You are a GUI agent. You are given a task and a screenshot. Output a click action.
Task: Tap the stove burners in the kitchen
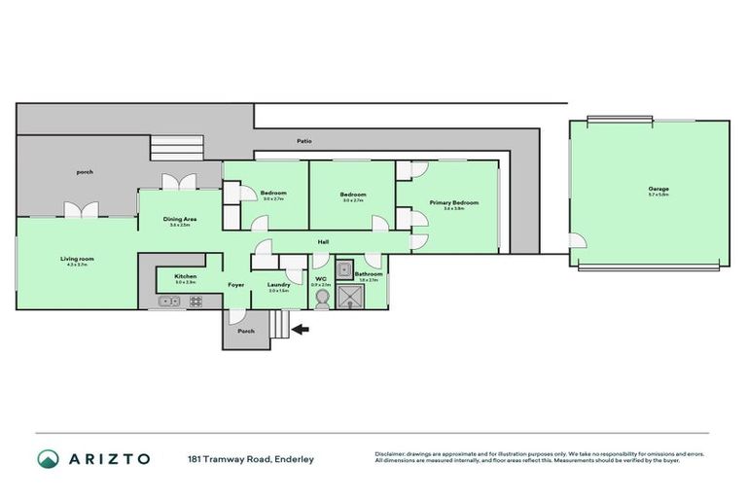[x=195, y=302]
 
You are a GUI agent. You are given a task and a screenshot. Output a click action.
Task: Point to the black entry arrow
[x=302, y=330]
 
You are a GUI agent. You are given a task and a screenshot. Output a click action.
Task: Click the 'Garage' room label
[x=658, y=189]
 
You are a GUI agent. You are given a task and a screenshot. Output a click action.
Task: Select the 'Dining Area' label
[x=180, y=220]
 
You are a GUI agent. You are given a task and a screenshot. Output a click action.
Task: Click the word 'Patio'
[x=304, y=142]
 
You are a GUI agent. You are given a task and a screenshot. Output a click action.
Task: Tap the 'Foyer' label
[x=236, y=285]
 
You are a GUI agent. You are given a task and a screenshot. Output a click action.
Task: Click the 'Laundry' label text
[x=278, y=285]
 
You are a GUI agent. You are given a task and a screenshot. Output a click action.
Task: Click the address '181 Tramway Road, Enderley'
[x=251, y=458]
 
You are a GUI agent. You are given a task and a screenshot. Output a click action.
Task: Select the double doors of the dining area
[x=180, y=181]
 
